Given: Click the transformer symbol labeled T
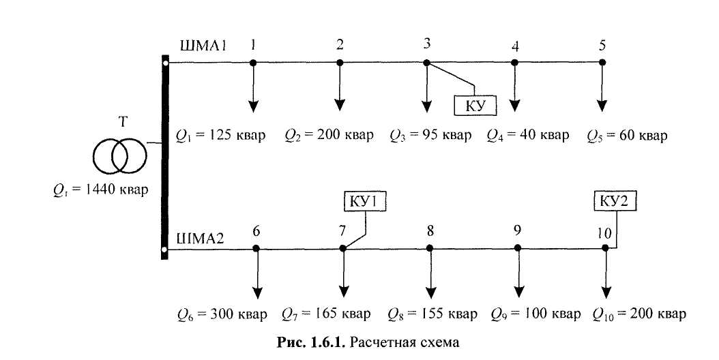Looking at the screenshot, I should (x=119, y=155).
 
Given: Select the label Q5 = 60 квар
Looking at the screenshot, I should (x=626, y=136).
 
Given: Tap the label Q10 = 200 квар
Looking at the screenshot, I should (x=639, y=314).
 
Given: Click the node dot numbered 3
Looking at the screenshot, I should (x=427, y=63).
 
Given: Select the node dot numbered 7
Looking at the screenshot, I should (x=343, y=249).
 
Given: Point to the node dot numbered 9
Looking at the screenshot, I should (x=518, y=249).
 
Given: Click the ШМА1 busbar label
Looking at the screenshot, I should (x=203, y=45).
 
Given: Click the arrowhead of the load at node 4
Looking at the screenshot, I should (x=515, y=106).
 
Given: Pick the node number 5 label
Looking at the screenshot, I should (x=602, y=46).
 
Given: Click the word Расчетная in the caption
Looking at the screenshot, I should (x=382, y=341).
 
